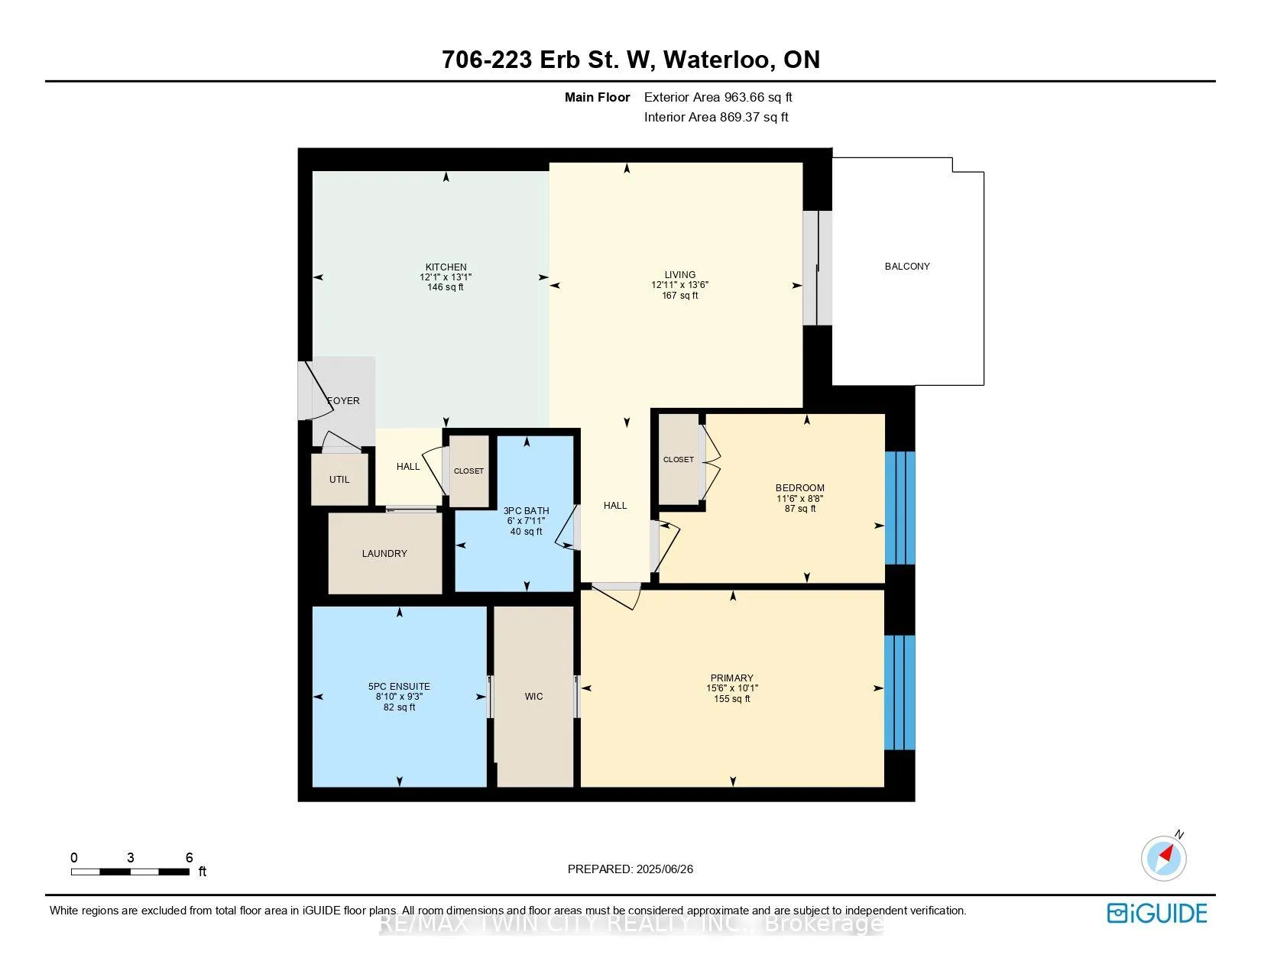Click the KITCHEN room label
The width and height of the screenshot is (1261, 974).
[x=446, y=267]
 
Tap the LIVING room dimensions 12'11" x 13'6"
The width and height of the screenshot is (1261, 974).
[x=679, y=285]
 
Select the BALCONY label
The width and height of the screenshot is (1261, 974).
[x=907, y=267]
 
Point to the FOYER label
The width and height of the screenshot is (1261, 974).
[x=343, y=401]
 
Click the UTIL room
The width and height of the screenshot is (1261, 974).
[x=339, y=480]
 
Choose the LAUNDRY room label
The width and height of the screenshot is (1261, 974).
[x=384, y=553]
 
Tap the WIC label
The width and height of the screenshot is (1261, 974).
[x=534, y=696]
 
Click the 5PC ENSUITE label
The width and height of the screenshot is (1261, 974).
[x=399, y=686]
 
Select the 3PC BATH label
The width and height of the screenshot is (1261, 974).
[x=527, y=511]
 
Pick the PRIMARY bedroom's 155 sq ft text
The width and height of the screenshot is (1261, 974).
[x=732, y=699]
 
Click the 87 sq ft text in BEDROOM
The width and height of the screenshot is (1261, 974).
[x=799, y=509]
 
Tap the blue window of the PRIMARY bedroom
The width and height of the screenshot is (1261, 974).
[x=900, y=693]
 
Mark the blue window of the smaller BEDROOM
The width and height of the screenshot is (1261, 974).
[x=900, y=507]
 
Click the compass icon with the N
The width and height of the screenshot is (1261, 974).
[x=1163, y=858]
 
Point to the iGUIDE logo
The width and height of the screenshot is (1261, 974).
[x=1157, y=913]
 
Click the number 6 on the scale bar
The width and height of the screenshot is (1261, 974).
[x=190, y=857]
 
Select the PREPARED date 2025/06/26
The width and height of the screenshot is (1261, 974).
[x=664, y=869]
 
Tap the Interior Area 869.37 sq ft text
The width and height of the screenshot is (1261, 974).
[x=716, y=117]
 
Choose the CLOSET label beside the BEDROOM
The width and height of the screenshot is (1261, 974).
[x=679, y=459]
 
